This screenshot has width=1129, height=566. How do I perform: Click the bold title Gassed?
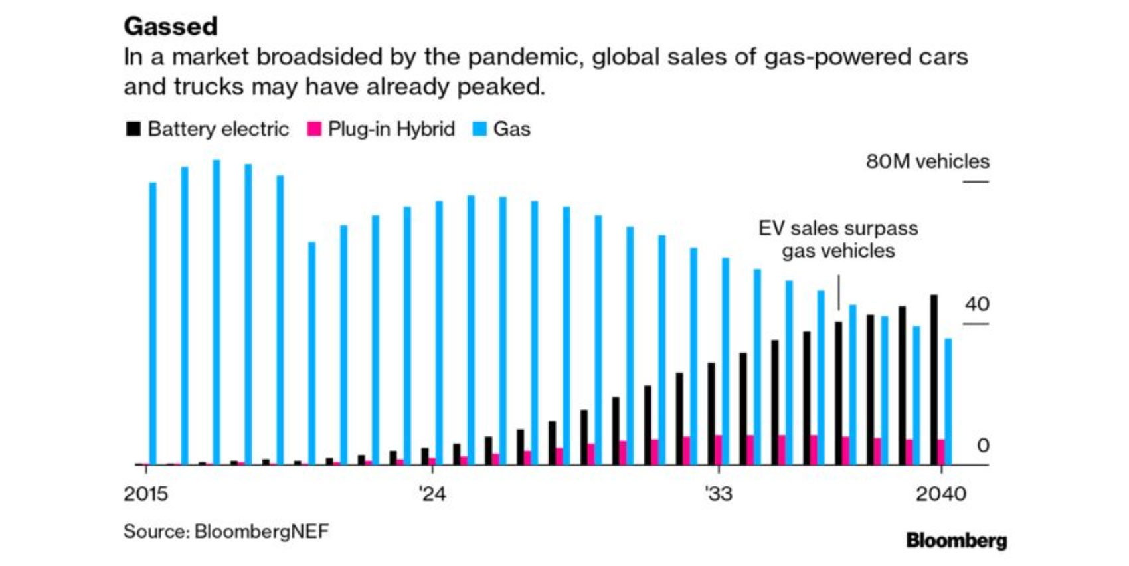pos(171,27)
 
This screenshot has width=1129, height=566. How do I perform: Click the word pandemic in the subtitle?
pos(523,58)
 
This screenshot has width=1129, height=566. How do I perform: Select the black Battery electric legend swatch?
pos(133,129)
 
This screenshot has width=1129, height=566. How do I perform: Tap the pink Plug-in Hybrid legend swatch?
pos(314,129)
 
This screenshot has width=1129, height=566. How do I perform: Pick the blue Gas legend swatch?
pos(479,129)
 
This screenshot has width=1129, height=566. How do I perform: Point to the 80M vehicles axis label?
pos(927,161)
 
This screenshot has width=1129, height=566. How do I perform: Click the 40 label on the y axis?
pos(977,304)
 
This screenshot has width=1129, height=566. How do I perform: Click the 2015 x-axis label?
pos(145,494)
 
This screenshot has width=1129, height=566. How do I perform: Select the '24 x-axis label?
pos(432,494)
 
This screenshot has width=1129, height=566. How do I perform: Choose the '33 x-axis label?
pos(718,494)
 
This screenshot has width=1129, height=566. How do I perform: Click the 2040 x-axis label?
pos(941,494)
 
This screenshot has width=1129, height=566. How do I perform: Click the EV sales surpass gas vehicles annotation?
pos(838,239)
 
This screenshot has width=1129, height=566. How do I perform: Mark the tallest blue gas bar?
pos(217,312)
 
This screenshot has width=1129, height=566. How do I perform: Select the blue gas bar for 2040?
pos(948,401)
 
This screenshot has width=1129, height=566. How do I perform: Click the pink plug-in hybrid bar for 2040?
pos(941,452)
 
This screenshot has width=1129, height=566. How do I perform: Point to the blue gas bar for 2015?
pos(153,324)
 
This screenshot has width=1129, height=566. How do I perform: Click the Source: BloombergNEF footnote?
pos(226,531)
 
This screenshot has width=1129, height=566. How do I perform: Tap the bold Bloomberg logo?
pos(956,541)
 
